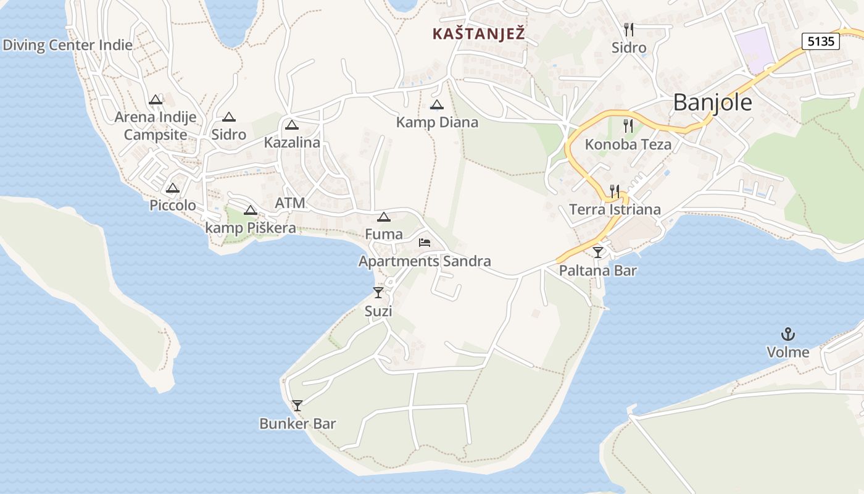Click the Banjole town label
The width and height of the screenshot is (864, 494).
pos(712,103)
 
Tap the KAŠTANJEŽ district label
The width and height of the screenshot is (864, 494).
pos(478,34)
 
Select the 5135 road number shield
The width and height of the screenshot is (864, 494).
pos(821,41)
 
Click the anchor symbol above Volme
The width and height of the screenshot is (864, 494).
pos(787,335)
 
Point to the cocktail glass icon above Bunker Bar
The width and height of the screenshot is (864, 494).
pos(297,406)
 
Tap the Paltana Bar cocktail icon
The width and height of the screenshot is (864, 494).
pos(597,252)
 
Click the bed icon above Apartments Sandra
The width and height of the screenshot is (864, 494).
pos(425,243)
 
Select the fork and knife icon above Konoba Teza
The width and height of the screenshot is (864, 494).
pos(628,126)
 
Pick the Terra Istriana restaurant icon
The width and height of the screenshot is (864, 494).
pos(614,191)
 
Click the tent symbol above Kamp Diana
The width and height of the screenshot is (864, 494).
pos(437,105)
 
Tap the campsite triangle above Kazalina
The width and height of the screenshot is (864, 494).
pos(291,125)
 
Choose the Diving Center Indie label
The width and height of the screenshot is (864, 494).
pos(67,45)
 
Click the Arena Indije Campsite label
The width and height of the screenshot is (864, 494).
pos(156,125)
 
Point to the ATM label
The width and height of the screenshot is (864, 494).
pos(290,203)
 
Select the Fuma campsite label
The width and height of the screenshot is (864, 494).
pos(383,234)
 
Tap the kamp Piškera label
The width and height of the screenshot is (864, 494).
pos(250,228)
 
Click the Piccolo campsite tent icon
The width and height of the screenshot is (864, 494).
pos(173,188)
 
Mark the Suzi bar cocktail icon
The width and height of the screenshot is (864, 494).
pos(378,293)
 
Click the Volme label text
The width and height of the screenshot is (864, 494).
pos(787,353)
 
